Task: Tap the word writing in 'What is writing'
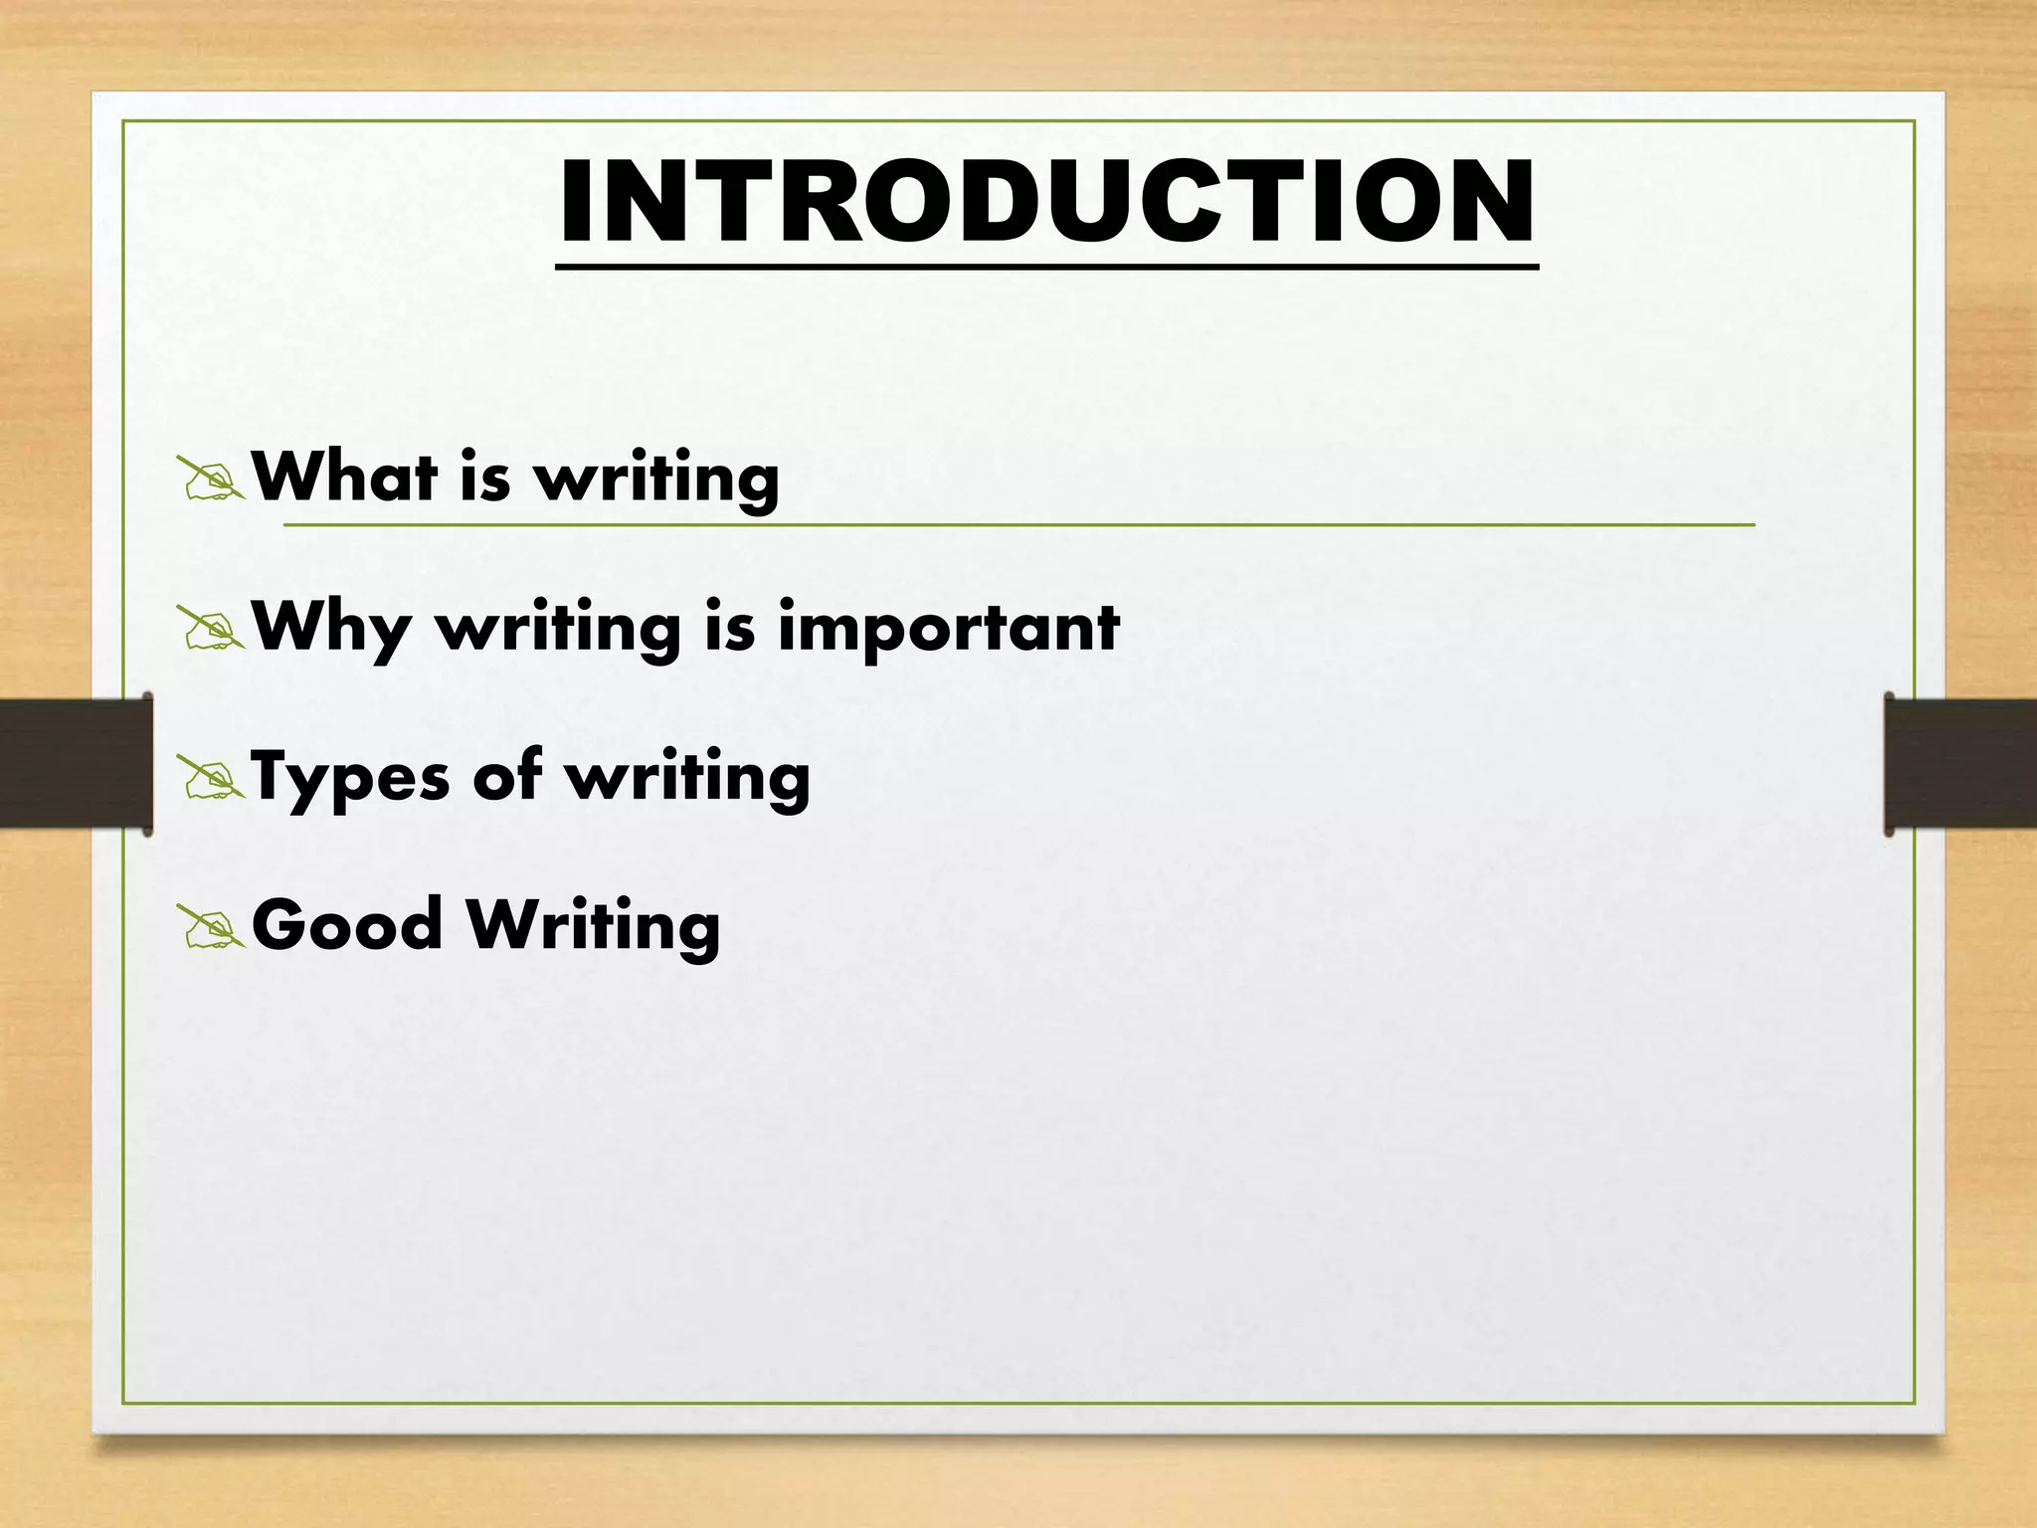point(656,480)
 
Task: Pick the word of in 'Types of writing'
point(507,775)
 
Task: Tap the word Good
point(347,924)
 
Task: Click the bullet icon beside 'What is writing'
point(211,478)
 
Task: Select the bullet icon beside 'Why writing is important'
point(211,628)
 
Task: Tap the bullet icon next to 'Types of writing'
point(211,777)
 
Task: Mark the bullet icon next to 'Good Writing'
point(211,926)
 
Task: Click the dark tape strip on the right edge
point(1960,764)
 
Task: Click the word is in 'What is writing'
point(485,477)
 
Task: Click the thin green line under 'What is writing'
point(1194,524)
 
